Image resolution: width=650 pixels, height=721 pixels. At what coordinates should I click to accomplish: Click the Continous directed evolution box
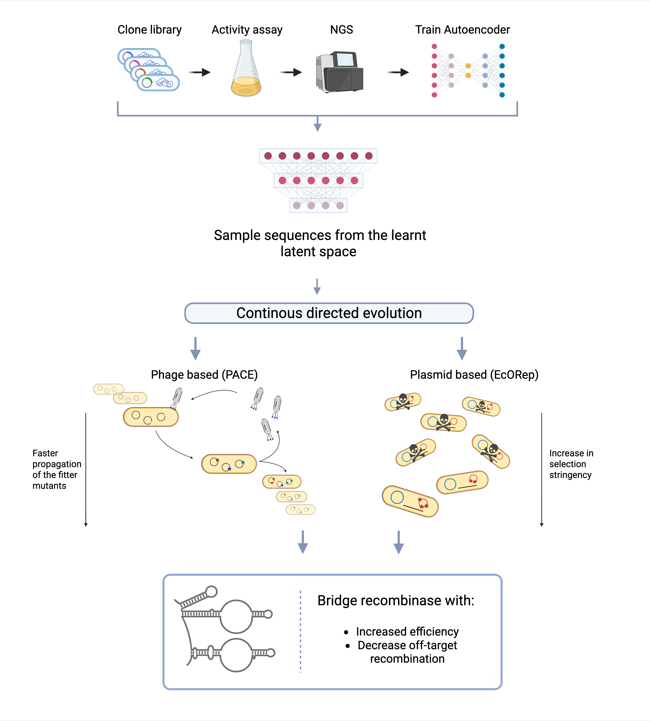pos(329,313)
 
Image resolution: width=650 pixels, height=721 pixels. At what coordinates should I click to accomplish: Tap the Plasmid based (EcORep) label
pos(474,374)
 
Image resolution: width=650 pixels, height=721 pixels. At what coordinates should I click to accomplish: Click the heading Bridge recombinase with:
pos(395,601)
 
